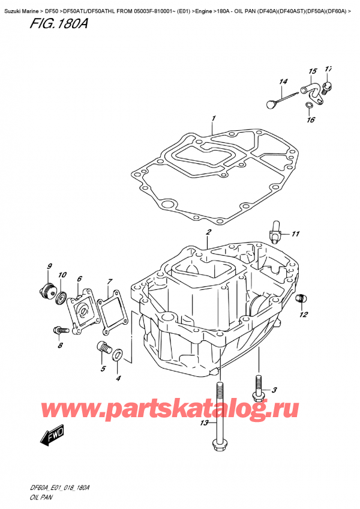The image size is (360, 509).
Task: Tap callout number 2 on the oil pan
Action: coord(208,232)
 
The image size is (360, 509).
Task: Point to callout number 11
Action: coord(295,233)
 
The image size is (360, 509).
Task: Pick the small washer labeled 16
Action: coord(308,106)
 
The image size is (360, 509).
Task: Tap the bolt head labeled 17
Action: coord(326,88)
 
